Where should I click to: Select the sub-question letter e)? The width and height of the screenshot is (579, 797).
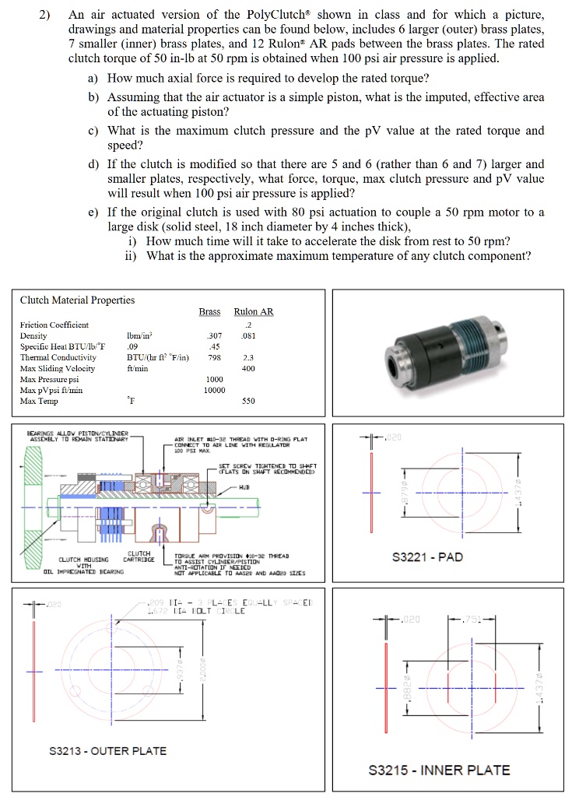coord(93,212)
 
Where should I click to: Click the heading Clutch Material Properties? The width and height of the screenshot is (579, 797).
coord(77,300)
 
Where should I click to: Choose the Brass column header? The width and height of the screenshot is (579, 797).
coord(209,312)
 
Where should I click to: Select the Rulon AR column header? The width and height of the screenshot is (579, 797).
coord(254,312)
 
